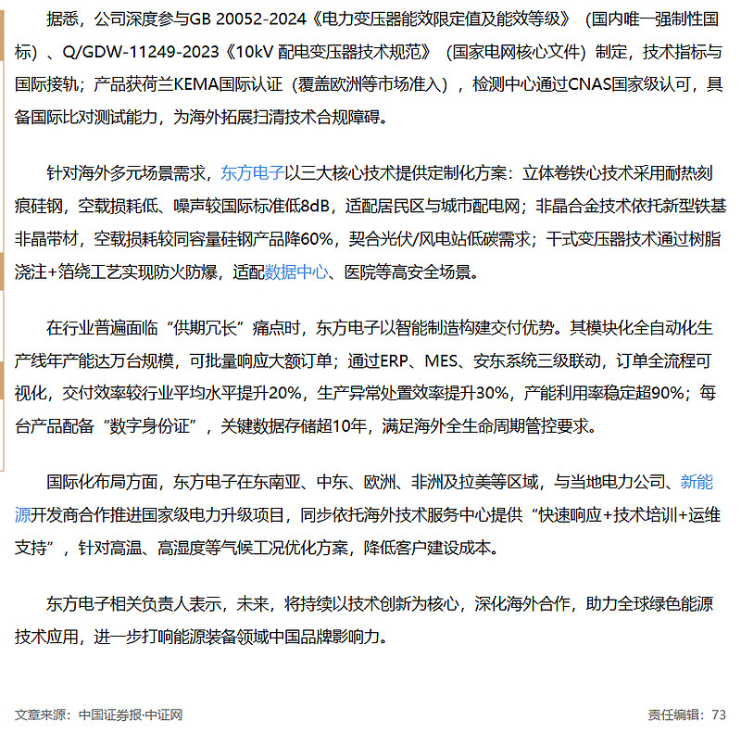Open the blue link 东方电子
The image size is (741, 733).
[253, 173]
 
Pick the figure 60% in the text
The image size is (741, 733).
[316, 238]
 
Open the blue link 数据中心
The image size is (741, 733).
[296, 272]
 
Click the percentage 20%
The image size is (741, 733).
[284, 393]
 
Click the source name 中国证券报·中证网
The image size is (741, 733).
[131, 714]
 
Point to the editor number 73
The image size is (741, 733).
[719, 714]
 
